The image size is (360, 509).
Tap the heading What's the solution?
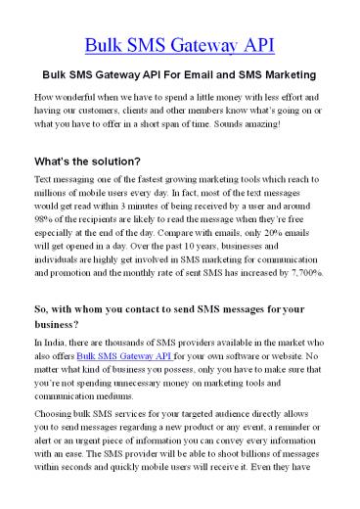click(x=87, y=160)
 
